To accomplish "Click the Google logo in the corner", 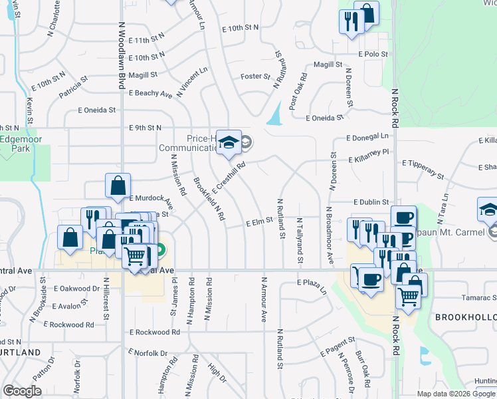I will (x=22, y=391).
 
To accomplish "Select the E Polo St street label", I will (x=372, y=53).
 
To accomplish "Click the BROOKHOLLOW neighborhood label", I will (x=465, y=318).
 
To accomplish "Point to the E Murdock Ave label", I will (x=153, y=199).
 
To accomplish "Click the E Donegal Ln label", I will (x=367, y=137).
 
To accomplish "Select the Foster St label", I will (x=252, y=76).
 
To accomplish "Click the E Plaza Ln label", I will (x=312, y=286).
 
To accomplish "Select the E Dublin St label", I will (x=371, y=201).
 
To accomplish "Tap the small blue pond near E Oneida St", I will (x=273, y=116).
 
